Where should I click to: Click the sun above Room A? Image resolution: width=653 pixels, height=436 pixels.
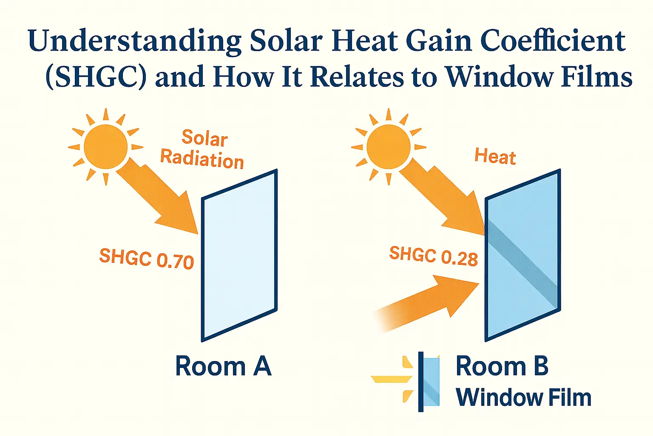pyautogui.click(x=105, y=146)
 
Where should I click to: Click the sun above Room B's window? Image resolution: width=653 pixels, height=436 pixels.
pyautogui.click(x=388, y=146)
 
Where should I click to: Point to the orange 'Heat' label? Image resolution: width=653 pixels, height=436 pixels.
pyautogui.click(x=495, y=156)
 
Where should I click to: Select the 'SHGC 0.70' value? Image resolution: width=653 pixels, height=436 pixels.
pyautogui.click(x=146, y=259)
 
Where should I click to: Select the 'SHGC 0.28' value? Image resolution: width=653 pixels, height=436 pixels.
pyautogui.click(x=433, y=256)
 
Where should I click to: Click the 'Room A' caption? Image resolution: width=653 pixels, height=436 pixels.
pyautogui.click(x=223, y=366)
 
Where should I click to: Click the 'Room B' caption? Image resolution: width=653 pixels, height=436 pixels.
pyautogui.click(x=502, y=366)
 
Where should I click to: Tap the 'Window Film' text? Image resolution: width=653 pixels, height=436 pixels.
pyautogui.click(x=523, y=398)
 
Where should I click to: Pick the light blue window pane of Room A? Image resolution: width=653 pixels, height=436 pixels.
pyautogui.click(x=239, y=255)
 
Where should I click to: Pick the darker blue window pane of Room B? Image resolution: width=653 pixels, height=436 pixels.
pyautogui.click(x=523, y=255)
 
